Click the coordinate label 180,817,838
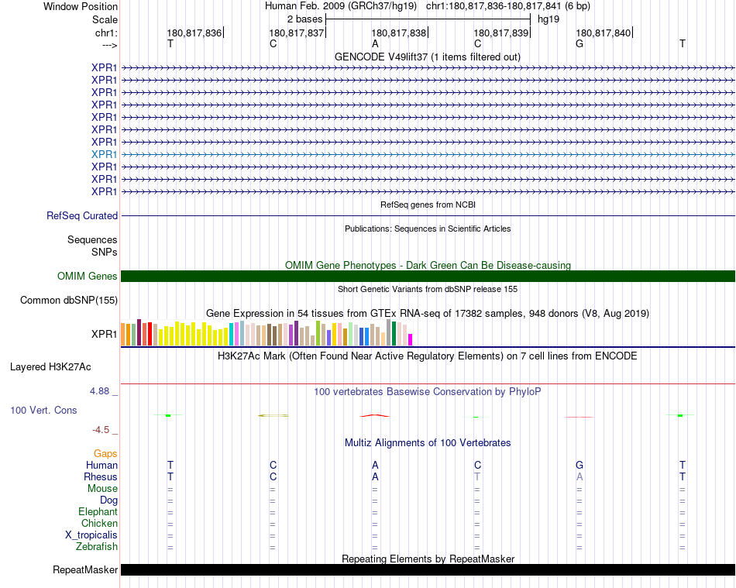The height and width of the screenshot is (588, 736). (399, 33)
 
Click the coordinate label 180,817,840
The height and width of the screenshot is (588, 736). (604, 33)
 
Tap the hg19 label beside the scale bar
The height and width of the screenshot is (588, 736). (549, 19)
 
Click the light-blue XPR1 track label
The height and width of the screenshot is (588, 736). (104, 154)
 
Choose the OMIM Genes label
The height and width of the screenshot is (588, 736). (88, 277)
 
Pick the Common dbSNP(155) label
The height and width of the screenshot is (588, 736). (69, 301)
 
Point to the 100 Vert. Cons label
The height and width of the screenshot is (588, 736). (43, 410)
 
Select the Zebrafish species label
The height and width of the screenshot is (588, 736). (97, 547)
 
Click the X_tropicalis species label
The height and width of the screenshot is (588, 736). (91, 535)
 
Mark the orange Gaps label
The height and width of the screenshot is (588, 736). (105, 454)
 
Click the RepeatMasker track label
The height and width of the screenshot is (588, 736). (85, 570)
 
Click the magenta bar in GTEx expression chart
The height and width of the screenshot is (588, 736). (410, 339)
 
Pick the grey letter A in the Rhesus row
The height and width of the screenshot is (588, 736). (580, 477)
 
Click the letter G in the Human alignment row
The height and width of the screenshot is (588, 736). (580, 466)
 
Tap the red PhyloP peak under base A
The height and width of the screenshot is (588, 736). (375, 415)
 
